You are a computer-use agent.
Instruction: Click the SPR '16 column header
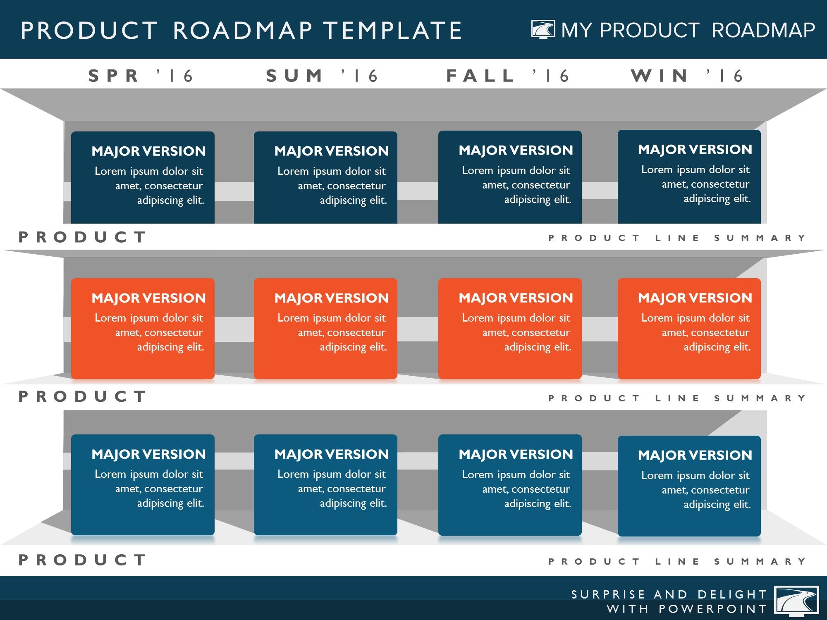point(141,76)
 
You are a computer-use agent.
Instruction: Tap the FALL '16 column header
point(508,76)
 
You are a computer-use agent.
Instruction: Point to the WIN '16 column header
point(687,76)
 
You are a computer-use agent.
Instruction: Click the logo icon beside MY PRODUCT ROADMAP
point(543,30)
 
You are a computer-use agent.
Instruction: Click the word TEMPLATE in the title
point(392,31)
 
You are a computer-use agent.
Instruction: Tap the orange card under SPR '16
point(143,329)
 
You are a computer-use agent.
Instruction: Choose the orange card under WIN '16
point(689,329)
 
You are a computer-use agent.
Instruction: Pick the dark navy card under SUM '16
point(325,178)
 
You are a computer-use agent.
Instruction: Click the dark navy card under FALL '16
point(510,177)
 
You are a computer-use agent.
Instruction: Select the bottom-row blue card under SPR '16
point(143,485)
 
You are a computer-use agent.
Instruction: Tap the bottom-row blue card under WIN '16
point(689,486)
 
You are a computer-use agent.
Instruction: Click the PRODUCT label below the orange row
point(82,396)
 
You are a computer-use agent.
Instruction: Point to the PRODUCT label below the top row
point(82,237)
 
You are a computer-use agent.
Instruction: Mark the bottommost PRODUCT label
point(82,560)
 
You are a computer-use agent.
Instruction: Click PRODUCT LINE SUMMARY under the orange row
point(677,398)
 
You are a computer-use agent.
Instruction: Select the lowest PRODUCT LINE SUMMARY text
point(677,561)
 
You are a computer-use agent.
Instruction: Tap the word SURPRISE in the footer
point(608,594)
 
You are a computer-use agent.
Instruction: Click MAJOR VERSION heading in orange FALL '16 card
point(516,298)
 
